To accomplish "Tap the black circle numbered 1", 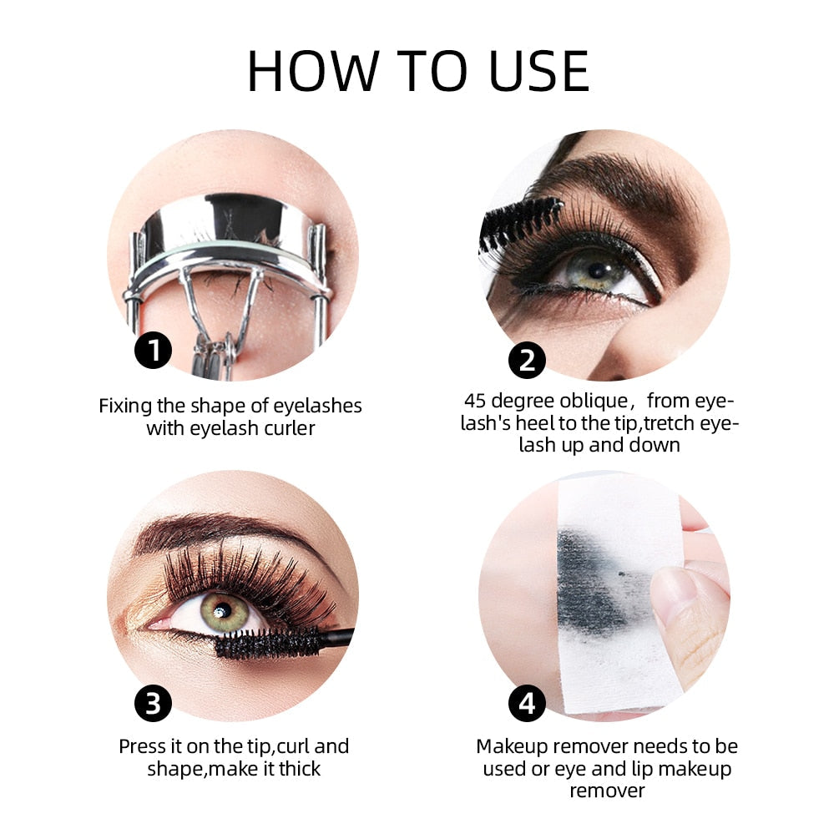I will tap(153, 350).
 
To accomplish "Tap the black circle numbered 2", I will tap(527, 360).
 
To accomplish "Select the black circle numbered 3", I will tap(153, 704).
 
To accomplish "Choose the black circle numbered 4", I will tap(527, 704).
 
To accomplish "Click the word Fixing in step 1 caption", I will tap(125, 407).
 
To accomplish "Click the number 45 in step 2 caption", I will tap(477, 402).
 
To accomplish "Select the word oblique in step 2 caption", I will tap(594, 402).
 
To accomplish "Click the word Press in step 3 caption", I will tap(144, 745).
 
